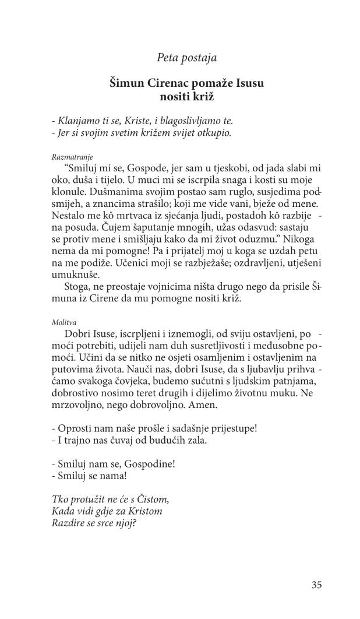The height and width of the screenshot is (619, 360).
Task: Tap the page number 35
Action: tap(316, 585)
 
